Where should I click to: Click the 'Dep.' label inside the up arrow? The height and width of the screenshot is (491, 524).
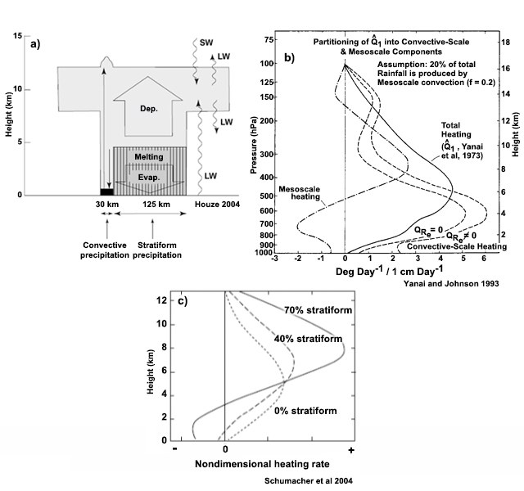pyautogui.click(x=149, y=109)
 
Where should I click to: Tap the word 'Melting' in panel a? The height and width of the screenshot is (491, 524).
pyautogui.click(x=149, y=156)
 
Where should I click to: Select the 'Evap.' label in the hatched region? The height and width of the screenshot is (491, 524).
pyautogui.click(x=149, y=178)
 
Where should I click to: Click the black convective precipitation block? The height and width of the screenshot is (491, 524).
pyautogui.click(x=107, y=191)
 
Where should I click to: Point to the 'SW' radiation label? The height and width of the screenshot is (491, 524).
pyautogui.click(x=206, y=43)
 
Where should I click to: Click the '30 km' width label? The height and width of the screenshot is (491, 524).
pyautogui.click(x=107, y=204)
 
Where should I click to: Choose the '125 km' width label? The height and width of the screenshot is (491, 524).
pyautogui.click(x=156, y=204)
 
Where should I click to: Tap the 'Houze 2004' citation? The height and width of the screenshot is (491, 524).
pyautogui.click(x=217, y=204)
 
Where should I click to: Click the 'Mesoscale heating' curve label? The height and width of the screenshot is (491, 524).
pyautogui.click(x=300, y=193)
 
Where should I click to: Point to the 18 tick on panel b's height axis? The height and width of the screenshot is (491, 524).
pyautogui.click(x=505, y=42)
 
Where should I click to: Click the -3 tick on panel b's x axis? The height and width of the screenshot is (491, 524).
pyautogui.click(x=275, y=259)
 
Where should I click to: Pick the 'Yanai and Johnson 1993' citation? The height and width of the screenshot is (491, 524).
pyautogui.click(x=451, y=284)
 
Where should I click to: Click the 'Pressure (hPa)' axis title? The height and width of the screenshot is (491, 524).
pyautogui.click(x=254, y=146)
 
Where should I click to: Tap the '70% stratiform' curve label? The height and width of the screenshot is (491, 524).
pyautogui.click(x=318, y=310)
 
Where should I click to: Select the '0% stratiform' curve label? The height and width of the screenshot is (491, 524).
pyautogui.click(x=305, y=411)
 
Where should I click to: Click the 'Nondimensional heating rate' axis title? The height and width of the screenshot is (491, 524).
pyautogui.click(x=262, y=464)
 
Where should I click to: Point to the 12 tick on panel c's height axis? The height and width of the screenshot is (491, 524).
pyautogui.click(x=161, y=300)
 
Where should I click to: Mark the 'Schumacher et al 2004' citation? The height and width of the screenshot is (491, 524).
pyautogui.click(x=309, y=480)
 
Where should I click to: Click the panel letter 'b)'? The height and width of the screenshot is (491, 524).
pyautogui.click(x=289, y=58)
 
